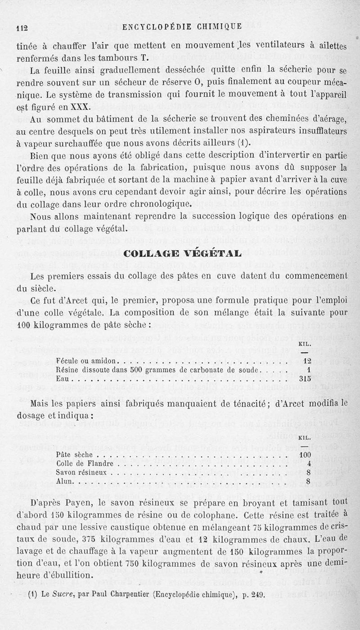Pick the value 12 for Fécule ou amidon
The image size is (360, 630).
(x=308, y=360)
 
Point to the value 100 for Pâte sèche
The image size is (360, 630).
(x=306, y=454)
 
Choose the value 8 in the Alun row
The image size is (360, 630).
(x=309, y=481)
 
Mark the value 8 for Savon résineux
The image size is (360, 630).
(x=309, y=472)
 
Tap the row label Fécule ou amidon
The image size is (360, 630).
(x=87, y=360)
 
